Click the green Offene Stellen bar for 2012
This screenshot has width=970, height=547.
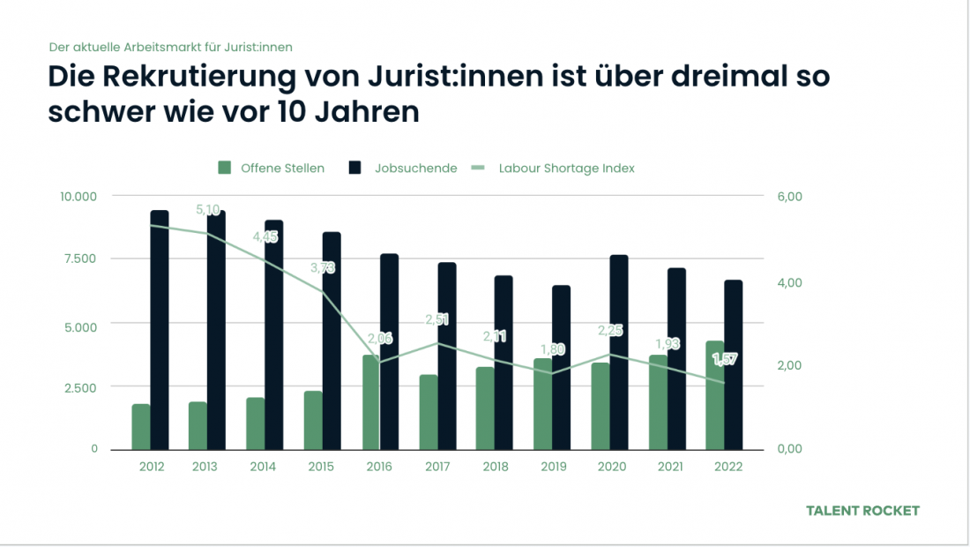pos(141,427)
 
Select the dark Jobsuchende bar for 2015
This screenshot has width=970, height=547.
pos(332,341)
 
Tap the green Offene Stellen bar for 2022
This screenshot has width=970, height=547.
pos(715,395)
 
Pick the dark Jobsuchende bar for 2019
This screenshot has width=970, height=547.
pos(561,367)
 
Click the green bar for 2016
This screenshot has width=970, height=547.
pos(370,402)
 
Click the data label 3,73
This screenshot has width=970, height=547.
pos(323,267)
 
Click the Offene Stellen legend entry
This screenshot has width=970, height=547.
pos(272,168)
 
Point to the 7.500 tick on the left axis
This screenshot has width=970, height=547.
pos(78,259)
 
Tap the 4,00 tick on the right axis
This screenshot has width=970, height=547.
pos(789,282)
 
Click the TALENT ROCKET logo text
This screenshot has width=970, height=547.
pos(862,511)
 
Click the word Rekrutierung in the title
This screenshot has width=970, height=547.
pos(190,78)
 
